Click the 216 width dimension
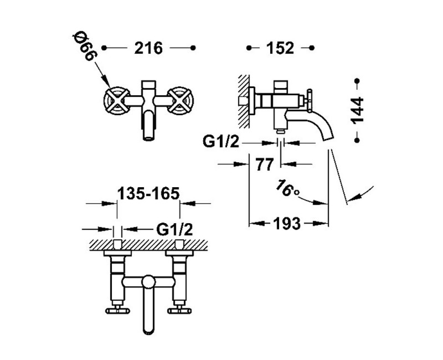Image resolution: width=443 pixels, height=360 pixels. point(148,48)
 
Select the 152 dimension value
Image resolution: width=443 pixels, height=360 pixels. point(280,48)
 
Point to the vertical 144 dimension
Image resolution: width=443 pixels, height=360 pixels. point(357,110)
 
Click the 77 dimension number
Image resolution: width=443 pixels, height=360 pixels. point(265,164)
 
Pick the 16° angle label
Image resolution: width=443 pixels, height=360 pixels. point(287,188)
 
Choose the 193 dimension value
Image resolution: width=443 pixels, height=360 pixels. point(286,224)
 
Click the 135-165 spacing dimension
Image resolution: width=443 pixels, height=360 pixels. point(148,193)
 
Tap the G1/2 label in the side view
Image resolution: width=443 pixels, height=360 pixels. point(221,142)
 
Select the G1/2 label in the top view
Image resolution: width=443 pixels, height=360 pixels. point(174,229)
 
